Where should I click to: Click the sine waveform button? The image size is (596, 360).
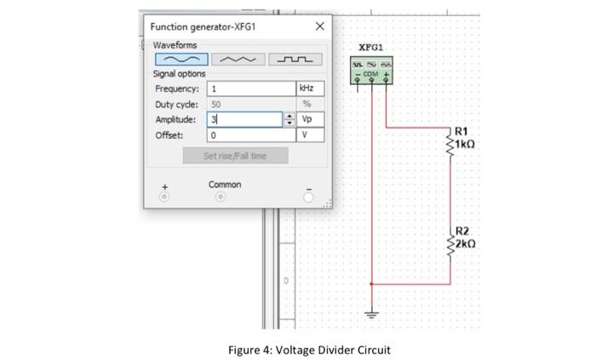point(181,60)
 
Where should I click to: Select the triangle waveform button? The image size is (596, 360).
point(237,60)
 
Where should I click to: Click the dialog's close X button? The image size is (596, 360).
point(319,27)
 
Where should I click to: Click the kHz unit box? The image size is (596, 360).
point(308,89)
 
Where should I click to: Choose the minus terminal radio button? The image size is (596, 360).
point(308,197)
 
